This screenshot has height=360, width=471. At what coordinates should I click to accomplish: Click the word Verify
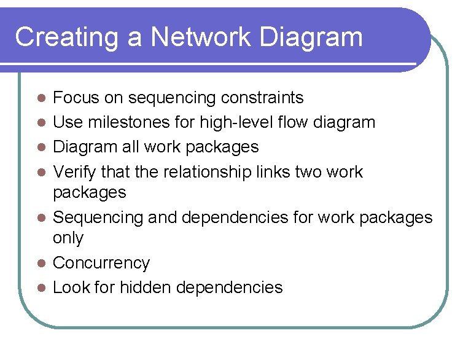point(74,171)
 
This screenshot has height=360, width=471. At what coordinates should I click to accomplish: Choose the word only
point(68,238)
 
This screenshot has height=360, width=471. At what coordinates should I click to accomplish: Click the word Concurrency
point(101,263)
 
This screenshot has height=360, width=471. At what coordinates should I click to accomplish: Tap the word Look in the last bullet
point(70,287)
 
